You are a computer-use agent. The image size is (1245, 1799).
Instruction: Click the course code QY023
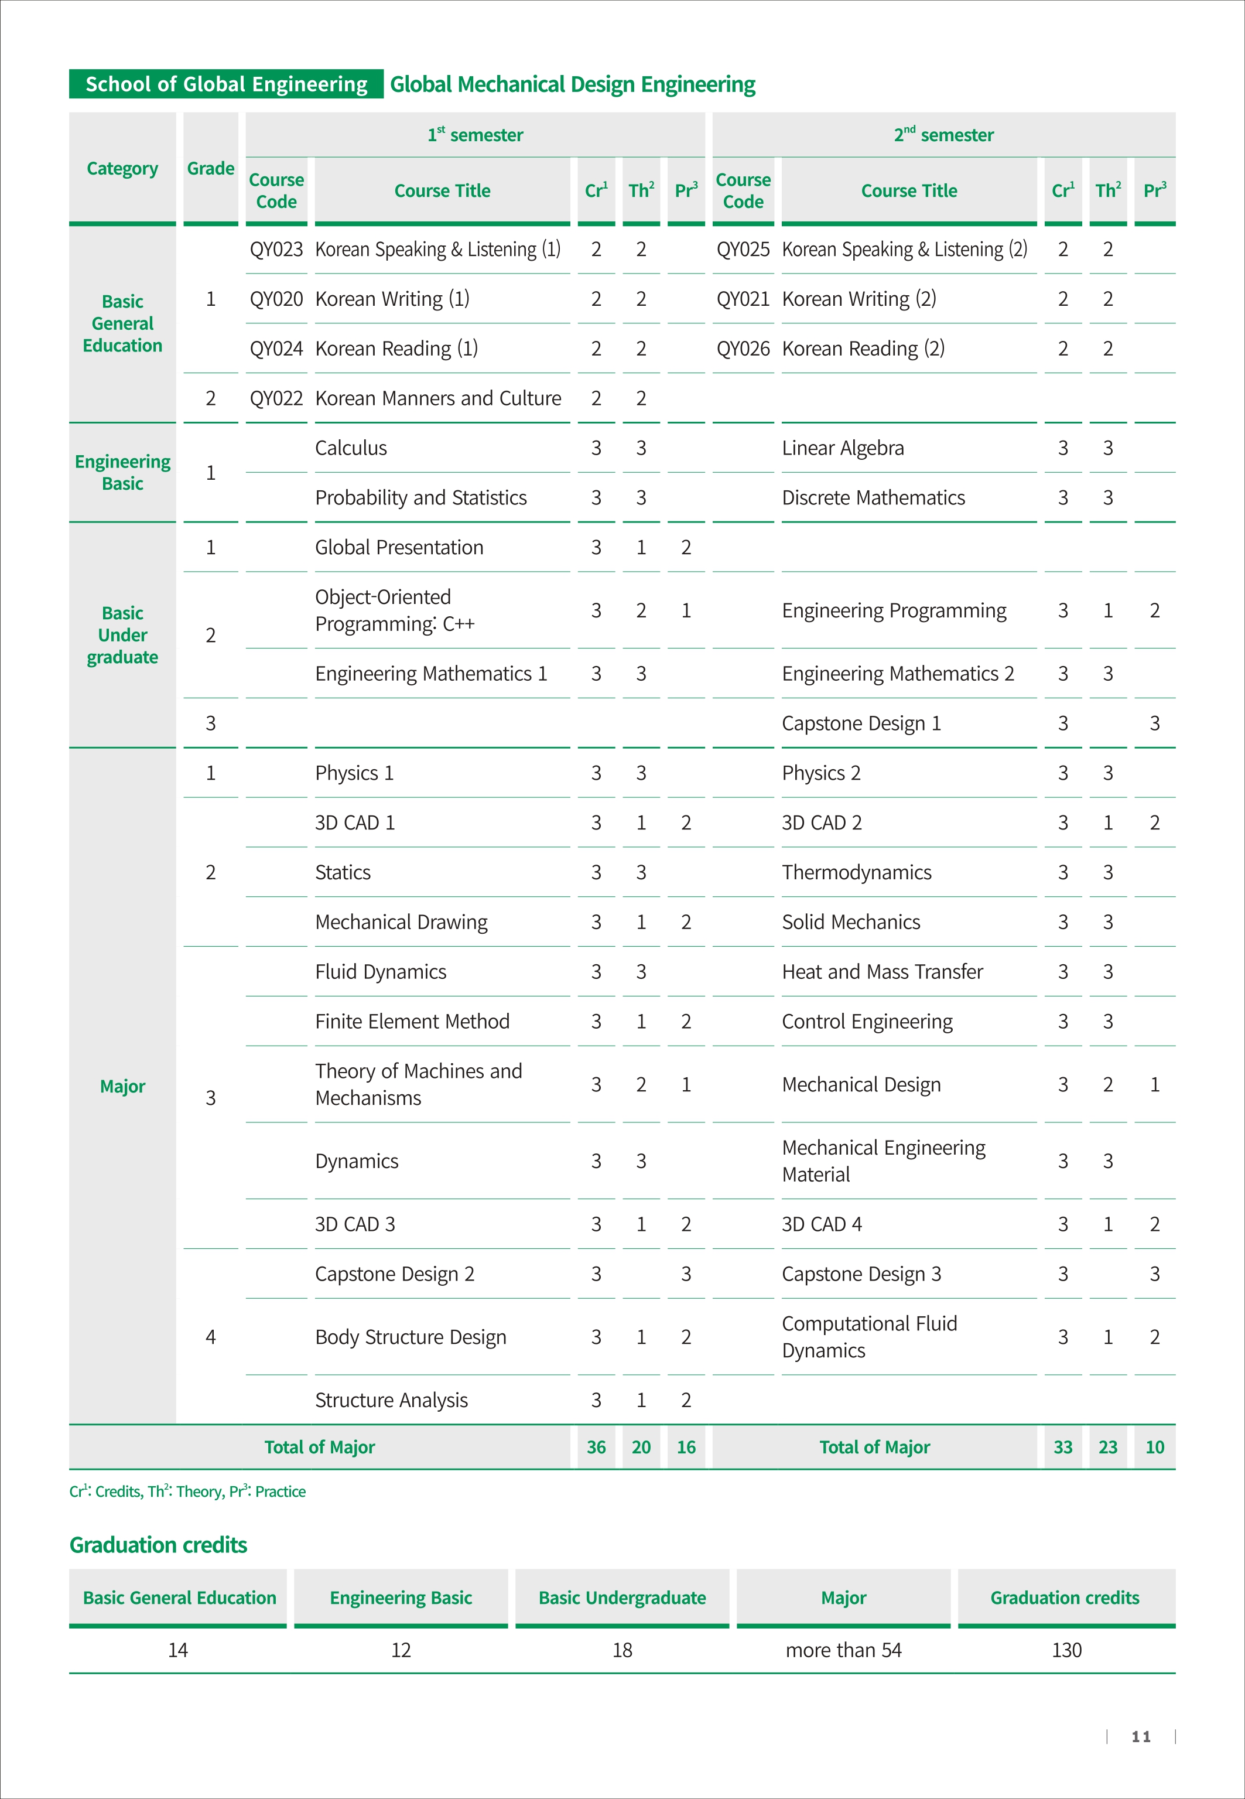tap(276, 250)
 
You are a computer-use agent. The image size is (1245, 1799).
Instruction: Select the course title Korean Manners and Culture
tap(437, 399)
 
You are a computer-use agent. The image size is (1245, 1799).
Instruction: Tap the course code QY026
tap(743, 349)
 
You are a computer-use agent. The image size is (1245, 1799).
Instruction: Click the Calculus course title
tap(351, 449)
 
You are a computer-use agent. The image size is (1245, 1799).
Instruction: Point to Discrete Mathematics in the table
tap(873, 498)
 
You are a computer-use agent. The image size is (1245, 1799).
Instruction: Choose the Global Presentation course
tap(399, 548)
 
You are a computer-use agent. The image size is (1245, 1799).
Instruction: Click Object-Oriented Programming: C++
tap(395, 610)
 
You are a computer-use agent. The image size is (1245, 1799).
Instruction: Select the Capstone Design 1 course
tap(861, 724)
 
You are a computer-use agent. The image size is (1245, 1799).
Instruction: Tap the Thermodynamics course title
tap(857, 873)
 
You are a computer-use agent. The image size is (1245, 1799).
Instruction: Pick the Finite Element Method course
tap(412, 1022)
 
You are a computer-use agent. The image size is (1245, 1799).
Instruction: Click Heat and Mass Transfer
tap(883, 972)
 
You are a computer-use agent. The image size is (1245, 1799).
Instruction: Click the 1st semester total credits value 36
tap(596, 1448)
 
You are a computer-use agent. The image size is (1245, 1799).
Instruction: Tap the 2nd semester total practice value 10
tap(1154, 1448)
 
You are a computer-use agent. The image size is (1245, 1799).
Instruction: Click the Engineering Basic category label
tap(122, 473)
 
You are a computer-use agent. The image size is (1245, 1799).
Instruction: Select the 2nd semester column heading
tap(944, 135)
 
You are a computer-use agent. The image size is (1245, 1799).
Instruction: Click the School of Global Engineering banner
tap(226, 84)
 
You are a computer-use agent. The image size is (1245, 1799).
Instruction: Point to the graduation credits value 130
tap(1066, 1650)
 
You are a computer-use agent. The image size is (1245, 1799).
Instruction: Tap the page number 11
tap(1141, 1736)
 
